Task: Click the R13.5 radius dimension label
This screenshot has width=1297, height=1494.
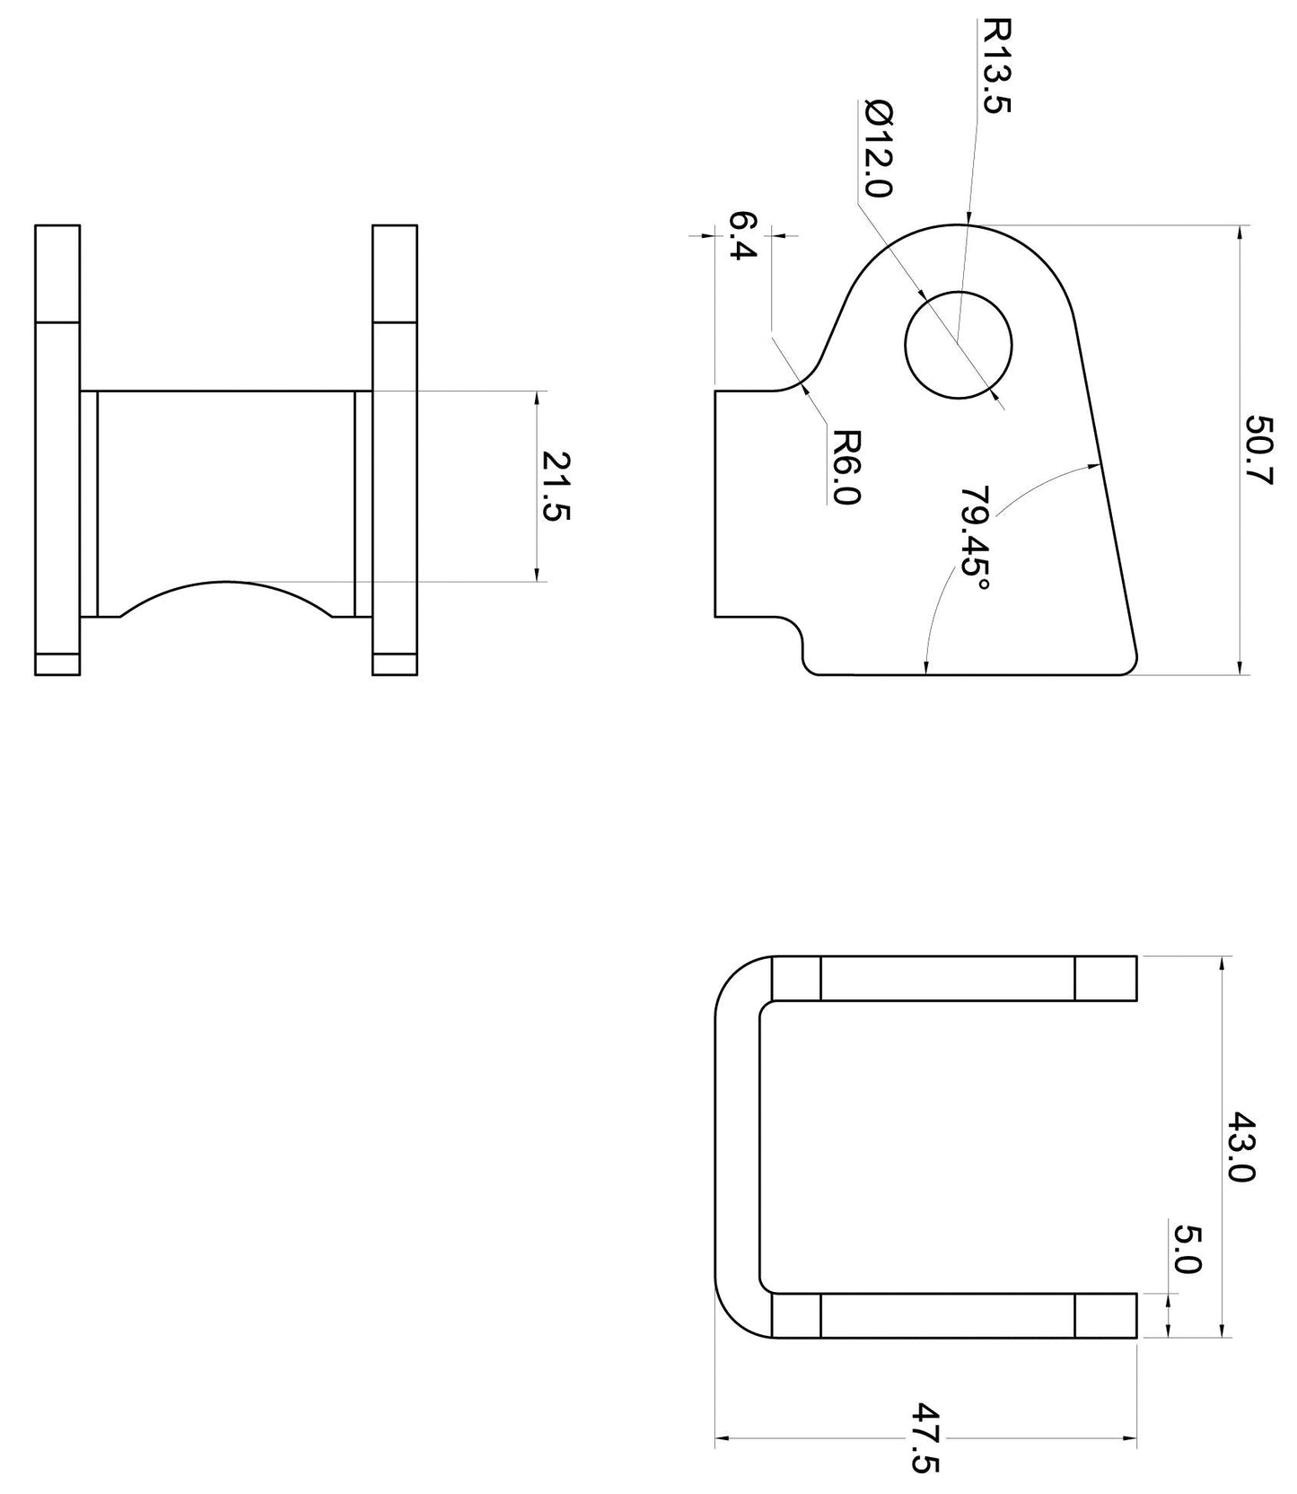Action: (996, 66)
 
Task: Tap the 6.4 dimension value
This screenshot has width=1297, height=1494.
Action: (743, 235)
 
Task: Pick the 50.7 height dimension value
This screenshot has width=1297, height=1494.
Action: (1259, 450)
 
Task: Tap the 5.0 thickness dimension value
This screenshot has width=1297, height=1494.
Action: (1187, 1251)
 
